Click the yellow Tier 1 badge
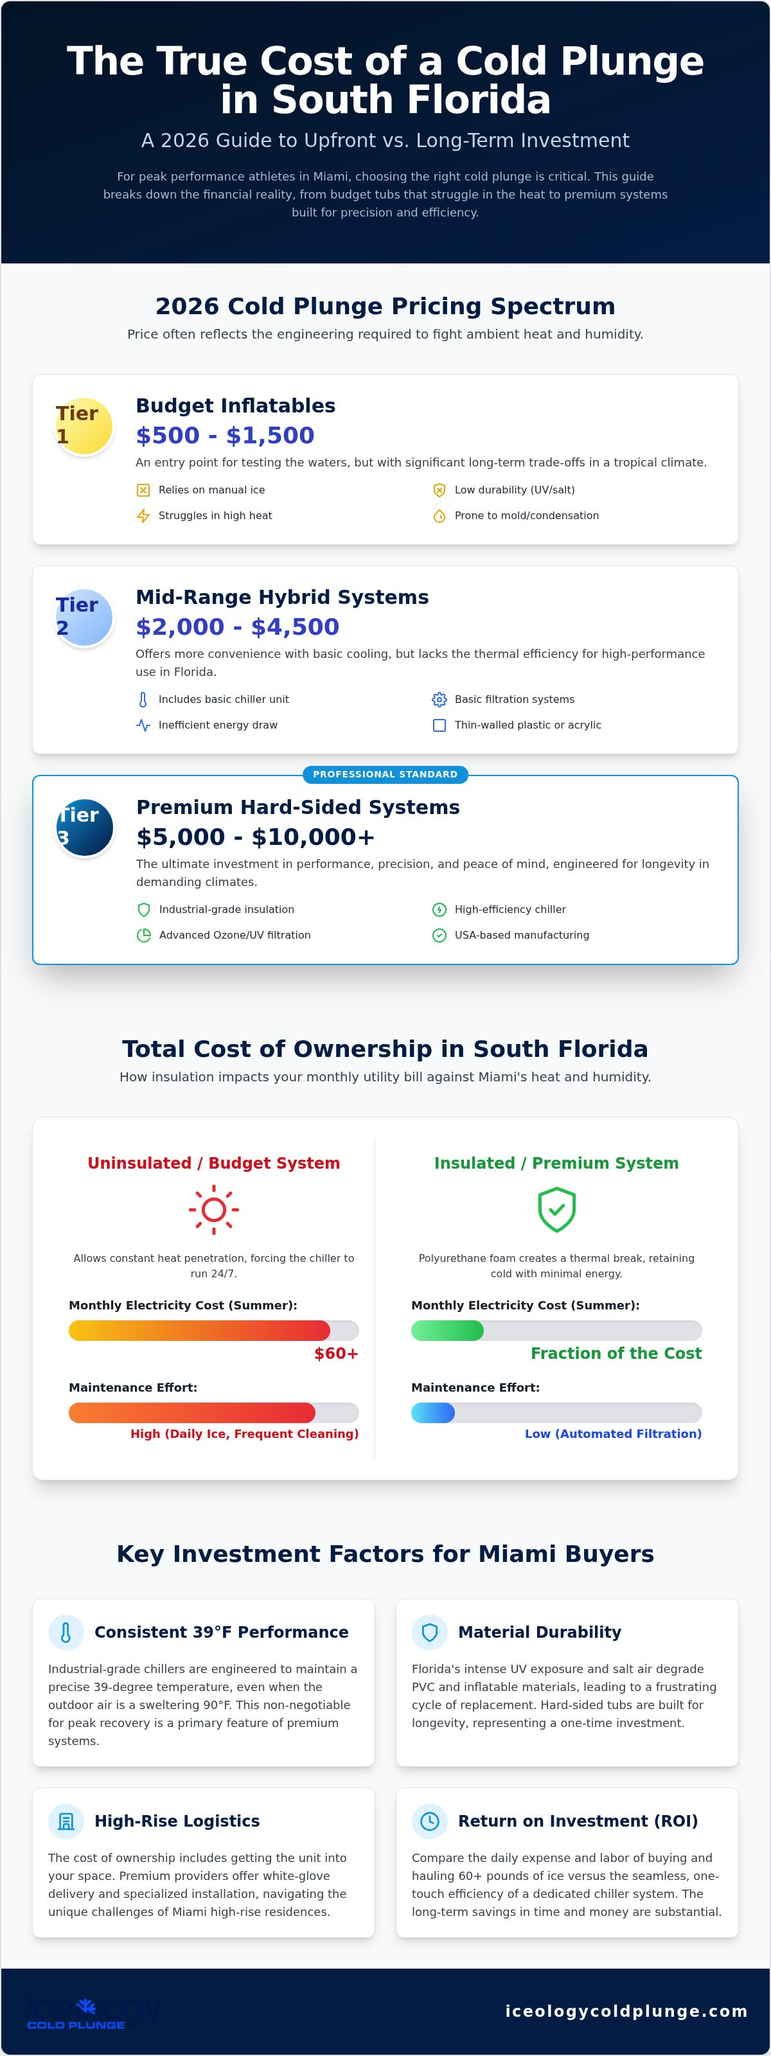pyautogui.click(x=84, y=426)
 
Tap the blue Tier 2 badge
pyautogui.click(x=84, y=617)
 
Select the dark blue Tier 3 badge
pyautogui.click(x=84, y=828)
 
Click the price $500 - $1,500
pyautogui.click(x=225, y=435)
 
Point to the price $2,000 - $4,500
pyautogui.click(x=237, y=626)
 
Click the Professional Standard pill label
pyautogui.click(x=385, y=774)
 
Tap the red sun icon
pyautogui.click(x=214, y=1210)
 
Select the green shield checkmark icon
pyautogui.click(x=556, y=1210)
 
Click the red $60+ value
pyautogui.click(x=336, y=1353)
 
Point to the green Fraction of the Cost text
pyautogui.click(x=616, y=1353)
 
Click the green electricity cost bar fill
pyautogui.click(x=447, y=1331)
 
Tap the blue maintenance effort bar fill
pyautogui.click(x=432, y=1413)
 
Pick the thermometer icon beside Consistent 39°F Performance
pyautogui.click(x=66, y=1632)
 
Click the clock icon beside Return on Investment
pyautogui.click(x=429, y=1821)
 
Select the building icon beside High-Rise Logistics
pyautogui.click(x=66, y=1821)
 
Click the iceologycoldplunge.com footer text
pyautogui.click(x=626, y=2010)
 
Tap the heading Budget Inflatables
pyautogui.click(x=235, y=405)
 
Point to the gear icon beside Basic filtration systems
pyautogui.click(x=439, y=699)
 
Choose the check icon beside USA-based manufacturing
pyautogui.click(x=439, y=935)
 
